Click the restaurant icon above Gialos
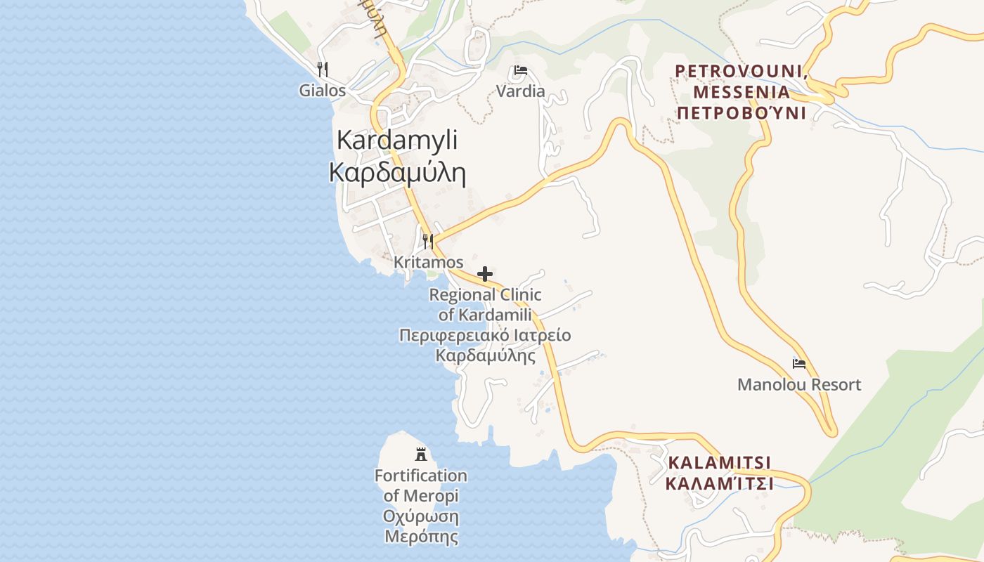pos(323,69)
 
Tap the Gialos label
pos(323,91)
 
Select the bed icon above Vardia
pos(521,70)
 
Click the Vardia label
pos(521,91)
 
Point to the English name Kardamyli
pos(397,140)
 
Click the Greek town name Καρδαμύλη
pos(398,172)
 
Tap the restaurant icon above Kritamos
pos(427,241)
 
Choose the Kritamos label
pos(429,262)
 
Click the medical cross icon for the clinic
pos(485,274)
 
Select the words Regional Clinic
pos(486,295)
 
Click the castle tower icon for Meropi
pos(421,454)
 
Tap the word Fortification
pos(420,476)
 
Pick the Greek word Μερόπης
pos(421,537)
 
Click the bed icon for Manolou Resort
pos(799,363)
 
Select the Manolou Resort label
pos(799,385)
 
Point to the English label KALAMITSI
pos(719,463)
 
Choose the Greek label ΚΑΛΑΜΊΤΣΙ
pos(719,484)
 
